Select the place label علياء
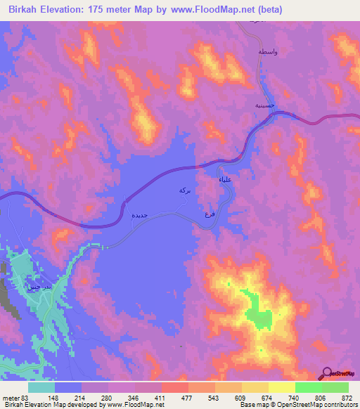coord(225,179)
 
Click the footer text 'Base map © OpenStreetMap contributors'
coord(295,405)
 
